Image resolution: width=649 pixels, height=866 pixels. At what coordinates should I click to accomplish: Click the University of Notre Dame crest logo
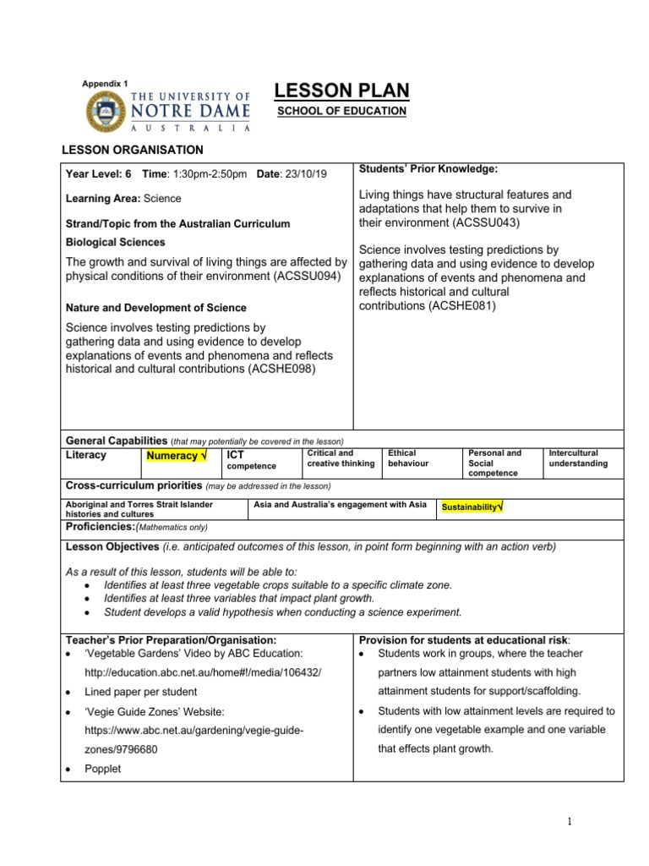(105, 111)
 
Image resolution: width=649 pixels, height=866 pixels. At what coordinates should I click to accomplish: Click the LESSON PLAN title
(342, 91)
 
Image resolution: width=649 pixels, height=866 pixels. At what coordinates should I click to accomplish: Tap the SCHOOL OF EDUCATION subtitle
(342, 112)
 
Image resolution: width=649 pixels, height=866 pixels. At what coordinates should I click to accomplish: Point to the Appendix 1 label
(105, 84)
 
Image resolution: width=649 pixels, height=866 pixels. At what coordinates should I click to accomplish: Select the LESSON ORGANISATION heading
(133, 150)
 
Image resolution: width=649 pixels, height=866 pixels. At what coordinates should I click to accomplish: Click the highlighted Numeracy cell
(177, 457)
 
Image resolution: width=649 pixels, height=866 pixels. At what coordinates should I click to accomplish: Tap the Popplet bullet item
(102, 769)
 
